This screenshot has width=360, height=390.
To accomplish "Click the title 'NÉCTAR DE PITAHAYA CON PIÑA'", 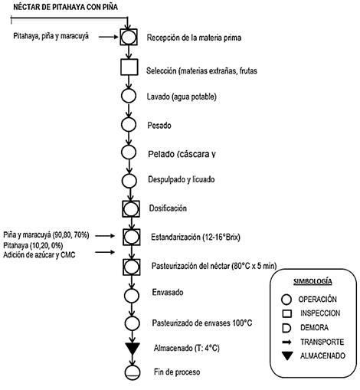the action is (66, 7).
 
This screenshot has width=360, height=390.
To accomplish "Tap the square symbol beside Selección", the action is (129, 67).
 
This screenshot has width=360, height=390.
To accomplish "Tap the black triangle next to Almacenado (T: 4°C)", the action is (133, 349).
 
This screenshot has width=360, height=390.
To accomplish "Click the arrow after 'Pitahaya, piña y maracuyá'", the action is (109, 37).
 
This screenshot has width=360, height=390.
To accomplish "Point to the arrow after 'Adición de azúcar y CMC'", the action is (105, 252).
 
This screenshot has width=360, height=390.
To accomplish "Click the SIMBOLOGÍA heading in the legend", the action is (313, 281).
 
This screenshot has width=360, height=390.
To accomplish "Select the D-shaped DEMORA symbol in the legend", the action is (286, 328).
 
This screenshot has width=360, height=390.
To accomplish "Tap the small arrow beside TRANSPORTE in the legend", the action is (286, 342).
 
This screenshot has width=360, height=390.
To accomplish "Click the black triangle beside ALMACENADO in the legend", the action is (287, 356).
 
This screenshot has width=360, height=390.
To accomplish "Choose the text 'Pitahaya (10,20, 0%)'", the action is (33, 245).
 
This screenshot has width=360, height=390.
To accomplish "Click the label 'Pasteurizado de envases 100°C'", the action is (202, 323).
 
